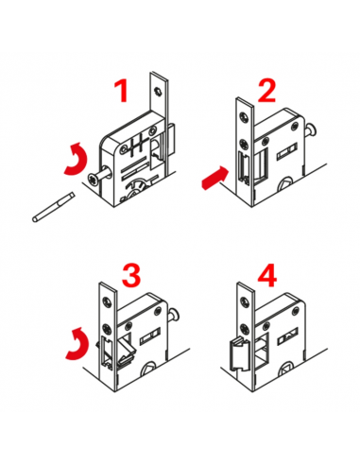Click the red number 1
[122, 91]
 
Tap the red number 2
[266, 91]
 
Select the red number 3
[131, 275]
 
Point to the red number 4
[267, 275]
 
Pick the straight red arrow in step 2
[214, 178]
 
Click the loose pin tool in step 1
[54, 207]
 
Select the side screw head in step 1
[94, 180]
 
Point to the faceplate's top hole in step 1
[158, 92]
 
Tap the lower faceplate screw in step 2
[244, 144]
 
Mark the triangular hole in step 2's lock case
[285, 184]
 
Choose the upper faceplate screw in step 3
[107, 301]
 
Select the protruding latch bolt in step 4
[238, 353]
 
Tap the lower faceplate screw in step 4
[244, 329]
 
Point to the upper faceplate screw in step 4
[244, 301]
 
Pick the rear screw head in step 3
[174, 314]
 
